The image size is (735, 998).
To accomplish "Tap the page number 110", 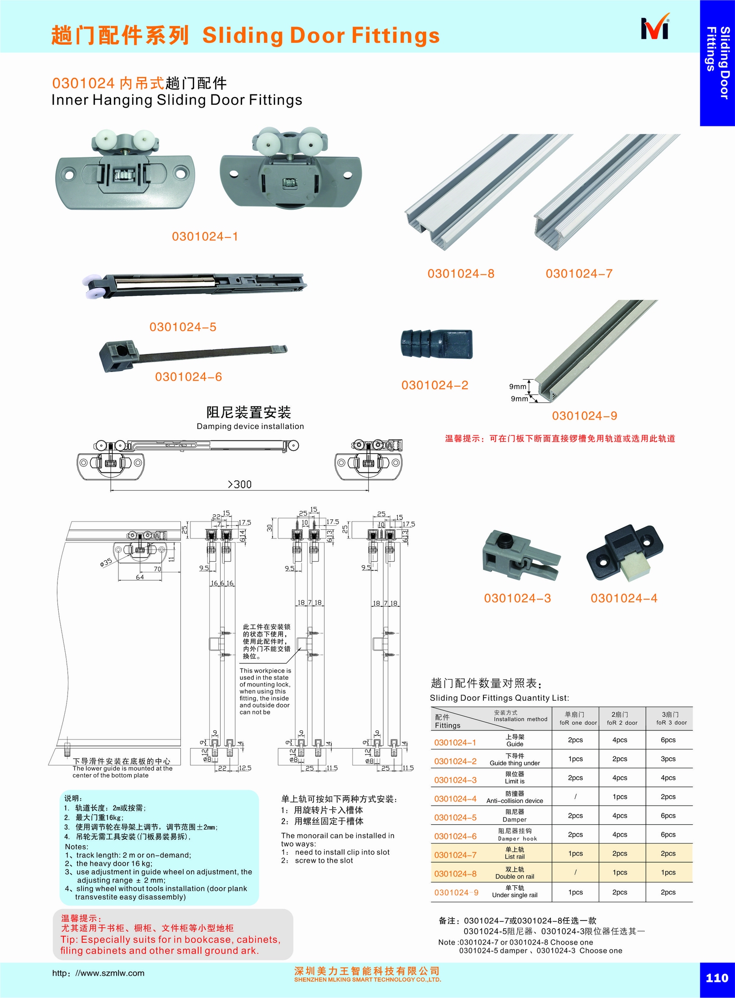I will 717,977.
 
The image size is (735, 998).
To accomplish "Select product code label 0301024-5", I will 183,327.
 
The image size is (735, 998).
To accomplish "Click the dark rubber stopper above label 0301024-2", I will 436,344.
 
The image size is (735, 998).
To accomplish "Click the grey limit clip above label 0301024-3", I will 519,556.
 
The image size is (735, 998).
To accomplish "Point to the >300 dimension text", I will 240,484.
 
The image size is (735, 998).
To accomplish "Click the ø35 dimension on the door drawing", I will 106,563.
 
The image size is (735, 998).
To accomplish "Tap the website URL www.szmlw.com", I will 98,973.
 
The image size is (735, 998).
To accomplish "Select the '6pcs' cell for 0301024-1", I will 668,740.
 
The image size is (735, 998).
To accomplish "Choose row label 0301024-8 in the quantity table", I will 455,874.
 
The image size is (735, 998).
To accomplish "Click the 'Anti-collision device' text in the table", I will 514,801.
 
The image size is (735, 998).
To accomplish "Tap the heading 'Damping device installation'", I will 250,426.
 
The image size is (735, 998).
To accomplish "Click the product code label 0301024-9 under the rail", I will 584,416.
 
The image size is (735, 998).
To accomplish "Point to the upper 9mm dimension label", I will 517,387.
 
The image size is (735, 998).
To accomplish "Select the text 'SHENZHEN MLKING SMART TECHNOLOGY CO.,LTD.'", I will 367,979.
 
